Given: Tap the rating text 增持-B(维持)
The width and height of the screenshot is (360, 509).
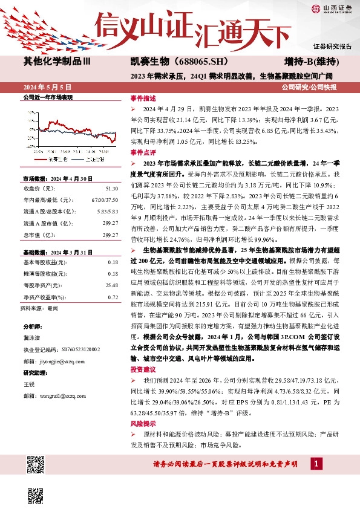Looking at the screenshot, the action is pos(310,61).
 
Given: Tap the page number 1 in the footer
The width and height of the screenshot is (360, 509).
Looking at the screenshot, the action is pos(315,464).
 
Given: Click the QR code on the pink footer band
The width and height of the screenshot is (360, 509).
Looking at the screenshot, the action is pos(37,468).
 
